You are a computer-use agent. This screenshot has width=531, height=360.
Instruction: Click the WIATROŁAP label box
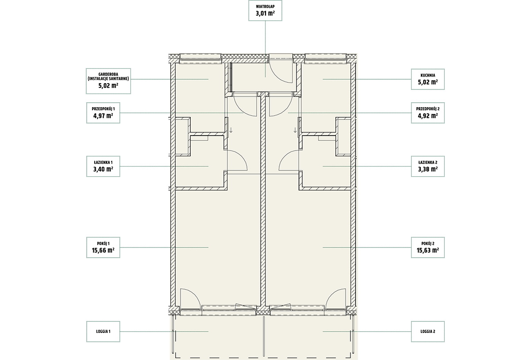(x=265, y=11)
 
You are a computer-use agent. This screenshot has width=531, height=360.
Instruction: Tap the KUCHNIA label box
(x=427, y=79)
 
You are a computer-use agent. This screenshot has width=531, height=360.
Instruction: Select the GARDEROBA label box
(x=108, y=81)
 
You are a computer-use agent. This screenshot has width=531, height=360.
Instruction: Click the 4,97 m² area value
(x=103, y=116)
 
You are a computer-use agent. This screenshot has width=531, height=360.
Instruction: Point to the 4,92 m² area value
(x=428, y=116)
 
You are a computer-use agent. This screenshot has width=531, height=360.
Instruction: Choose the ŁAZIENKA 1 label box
(x=103, y=166)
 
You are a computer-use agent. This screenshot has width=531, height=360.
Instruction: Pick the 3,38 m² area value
(x=428, y=169)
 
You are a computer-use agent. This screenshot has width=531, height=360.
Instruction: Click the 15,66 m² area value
(x=103, y=250)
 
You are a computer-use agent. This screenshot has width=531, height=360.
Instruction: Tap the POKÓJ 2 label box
(x=427, y=248)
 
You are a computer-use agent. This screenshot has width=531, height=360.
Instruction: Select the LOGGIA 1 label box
(x=103, y=332)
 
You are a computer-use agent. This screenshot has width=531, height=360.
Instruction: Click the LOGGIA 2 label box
(x=427, y=332)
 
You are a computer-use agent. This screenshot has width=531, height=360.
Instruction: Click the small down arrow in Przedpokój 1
(x=231, y=130)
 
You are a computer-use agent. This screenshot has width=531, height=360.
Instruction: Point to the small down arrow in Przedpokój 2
(x=295, y=130)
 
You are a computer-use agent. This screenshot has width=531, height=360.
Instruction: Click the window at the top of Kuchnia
(x=325, y=58)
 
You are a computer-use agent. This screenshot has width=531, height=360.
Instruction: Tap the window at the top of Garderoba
(x=200, y=58)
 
